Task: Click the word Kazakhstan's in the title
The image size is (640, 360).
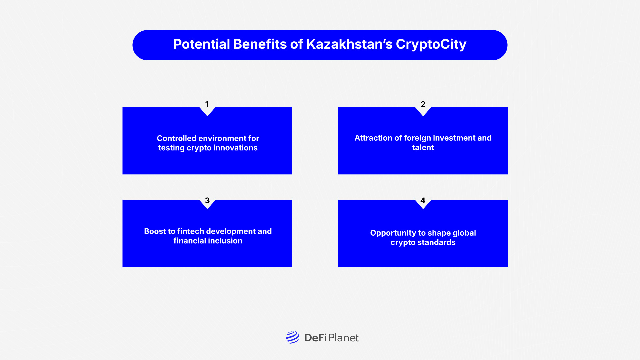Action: [x=349, y=44]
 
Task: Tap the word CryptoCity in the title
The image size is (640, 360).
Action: [x=431, y=44]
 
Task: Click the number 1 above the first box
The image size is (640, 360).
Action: [x=207, y=104]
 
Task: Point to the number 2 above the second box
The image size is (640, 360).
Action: [x=423, y=104]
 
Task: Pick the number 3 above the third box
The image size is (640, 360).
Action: [x=207, y=200]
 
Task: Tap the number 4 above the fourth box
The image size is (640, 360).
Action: [x=423, y=200]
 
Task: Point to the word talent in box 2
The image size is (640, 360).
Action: [x=423, y=147]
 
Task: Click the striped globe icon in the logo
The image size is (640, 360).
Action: [x=292, y=337]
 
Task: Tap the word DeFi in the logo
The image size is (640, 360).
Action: [x=315, y=338]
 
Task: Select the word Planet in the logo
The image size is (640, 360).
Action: [x=344, y=338]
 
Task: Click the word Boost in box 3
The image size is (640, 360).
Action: [x=155, y=231]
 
